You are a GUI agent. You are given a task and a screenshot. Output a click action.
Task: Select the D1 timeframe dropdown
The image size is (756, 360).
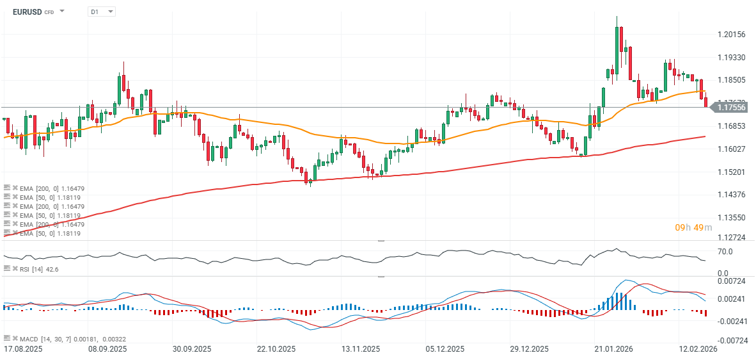(101, 12)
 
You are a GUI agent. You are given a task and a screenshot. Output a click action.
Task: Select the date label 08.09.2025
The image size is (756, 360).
(107, 349)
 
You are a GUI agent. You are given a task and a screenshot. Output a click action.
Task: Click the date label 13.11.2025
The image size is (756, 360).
(360, 349)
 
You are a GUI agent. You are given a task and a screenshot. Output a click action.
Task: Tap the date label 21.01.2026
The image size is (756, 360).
(613, 349)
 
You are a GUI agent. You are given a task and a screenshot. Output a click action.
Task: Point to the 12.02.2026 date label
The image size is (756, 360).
(697, 349)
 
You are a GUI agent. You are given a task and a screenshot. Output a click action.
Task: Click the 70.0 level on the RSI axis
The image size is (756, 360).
(725, 252)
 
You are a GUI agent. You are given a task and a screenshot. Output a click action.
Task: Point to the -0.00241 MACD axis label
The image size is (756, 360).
(731, 322)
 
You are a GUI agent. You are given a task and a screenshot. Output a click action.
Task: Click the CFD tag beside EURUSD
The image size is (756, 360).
(49, 12)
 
